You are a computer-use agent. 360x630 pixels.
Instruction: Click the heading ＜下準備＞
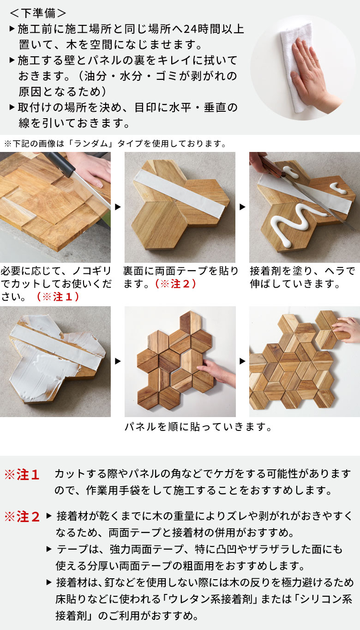(x=38, y=12)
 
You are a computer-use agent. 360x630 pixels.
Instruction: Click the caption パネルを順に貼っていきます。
(x=198, y=427)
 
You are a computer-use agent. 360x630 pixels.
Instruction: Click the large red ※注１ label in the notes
(x=22, y=475)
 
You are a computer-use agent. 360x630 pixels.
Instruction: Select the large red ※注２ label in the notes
(x=22, y=517)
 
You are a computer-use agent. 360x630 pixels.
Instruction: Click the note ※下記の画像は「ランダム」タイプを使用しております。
(x=115, y=144)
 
